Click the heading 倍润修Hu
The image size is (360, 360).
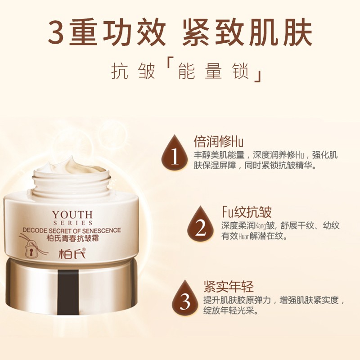[219, 141]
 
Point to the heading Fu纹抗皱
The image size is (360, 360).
[247, 211]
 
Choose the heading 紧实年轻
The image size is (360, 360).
[229, 286]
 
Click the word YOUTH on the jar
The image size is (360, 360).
[72, 215]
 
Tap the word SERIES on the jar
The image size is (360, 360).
[73, 223]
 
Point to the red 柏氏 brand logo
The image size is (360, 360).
[72, 253]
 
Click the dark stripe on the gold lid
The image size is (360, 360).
[68, 292]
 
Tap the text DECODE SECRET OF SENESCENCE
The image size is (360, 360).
[72, 230]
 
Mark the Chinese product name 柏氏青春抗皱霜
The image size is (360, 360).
[73, 238]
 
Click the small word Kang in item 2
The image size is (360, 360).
[261, 226]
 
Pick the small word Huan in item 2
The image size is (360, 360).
[244, 237]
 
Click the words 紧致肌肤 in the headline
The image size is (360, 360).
[247, 31]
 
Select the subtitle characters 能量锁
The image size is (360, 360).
[214, 71]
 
